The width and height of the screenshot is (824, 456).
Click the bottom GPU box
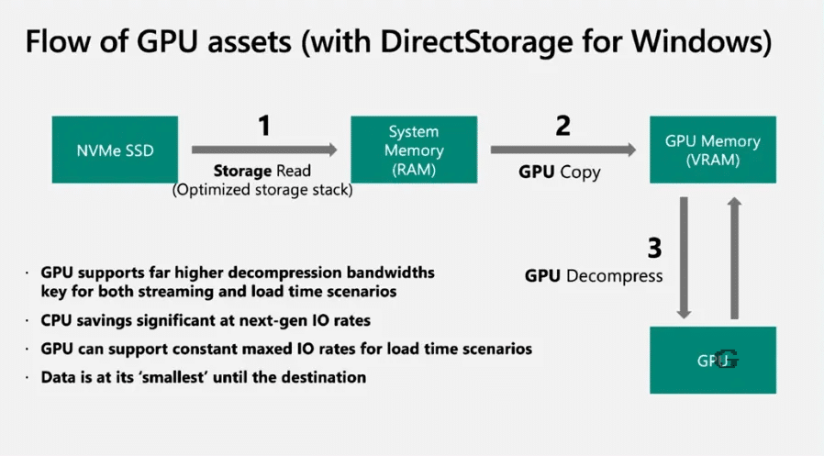pos(712,361)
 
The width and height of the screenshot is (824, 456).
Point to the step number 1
pos(264,126)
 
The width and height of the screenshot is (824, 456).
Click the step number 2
pos(562,126)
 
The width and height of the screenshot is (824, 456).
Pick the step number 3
pos(654,249)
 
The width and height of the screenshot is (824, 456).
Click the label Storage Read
pos(262,171)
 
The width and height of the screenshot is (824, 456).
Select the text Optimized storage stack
pos(263,190)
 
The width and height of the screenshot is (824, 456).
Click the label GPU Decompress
pos(594,275)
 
